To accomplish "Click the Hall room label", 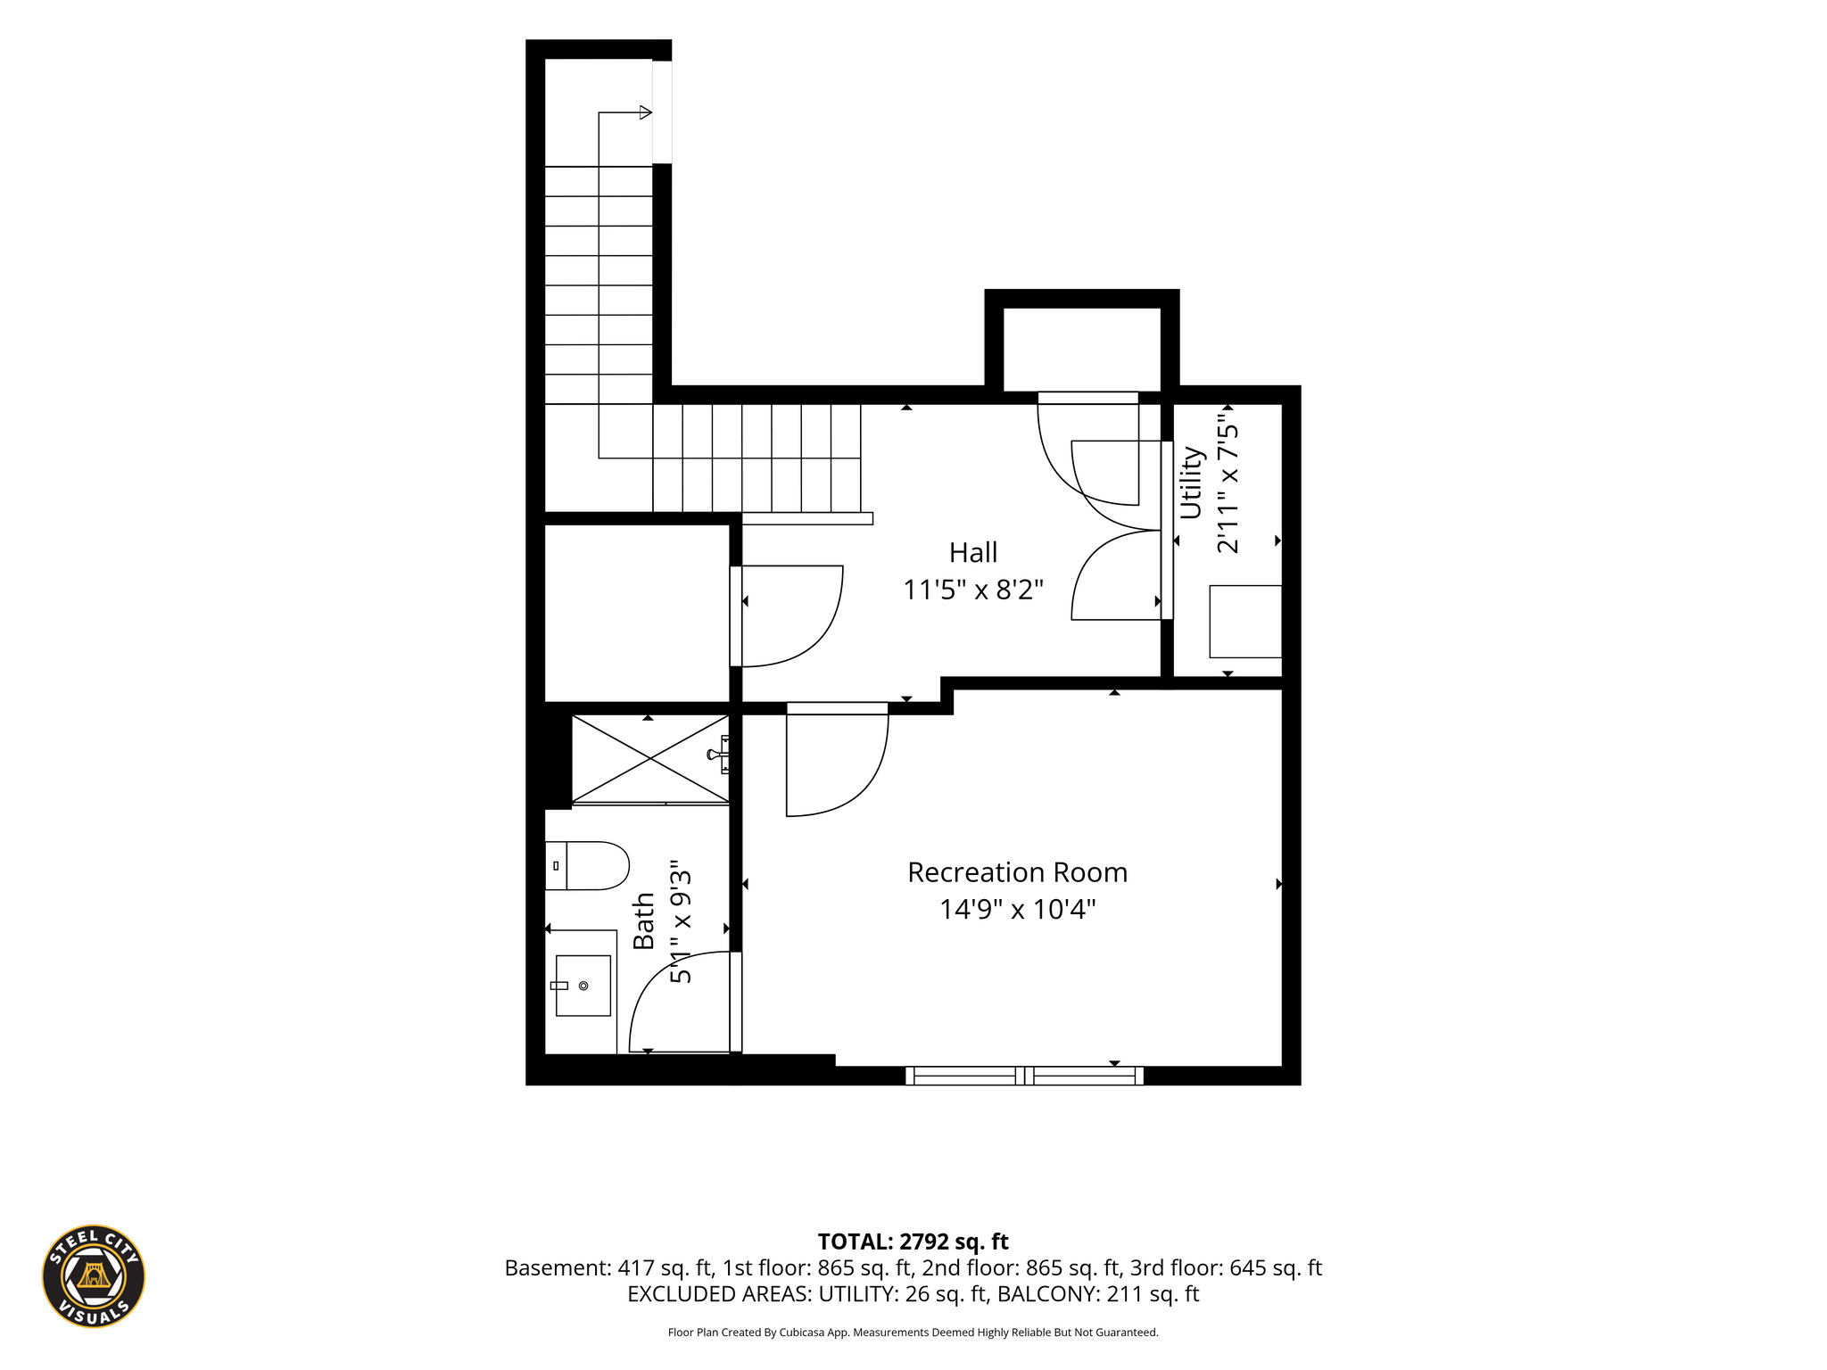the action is point(973,553).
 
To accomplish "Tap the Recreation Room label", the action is point(1018,872).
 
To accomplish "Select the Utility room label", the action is point(1192,483).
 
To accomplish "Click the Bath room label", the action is point(643,920).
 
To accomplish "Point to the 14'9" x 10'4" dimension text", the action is point(1018,910).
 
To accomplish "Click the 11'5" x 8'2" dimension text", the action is point(973,590).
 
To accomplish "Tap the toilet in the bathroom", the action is point(587,865).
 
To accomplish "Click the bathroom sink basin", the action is point(583,986).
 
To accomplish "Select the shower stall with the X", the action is point(650,759).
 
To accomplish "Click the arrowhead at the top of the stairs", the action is point(646,112).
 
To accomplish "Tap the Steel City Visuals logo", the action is point(94,1275).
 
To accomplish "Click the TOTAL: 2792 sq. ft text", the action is point(913,1242).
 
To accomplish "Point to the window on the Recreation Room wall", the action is point(1024,1076).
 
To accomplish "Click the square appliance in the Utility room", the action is point(1245,622).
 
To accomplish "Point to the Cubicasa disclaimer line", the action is point(913,1333).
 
